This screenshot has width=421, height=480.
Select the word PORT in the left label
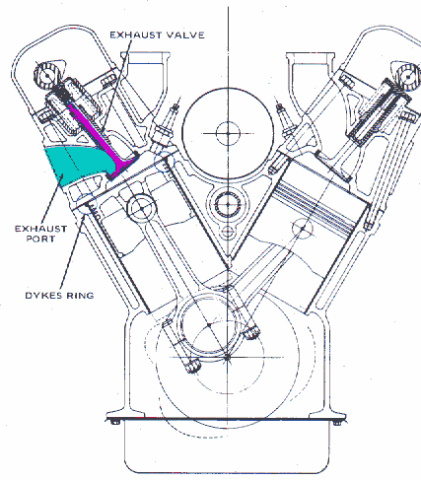pyautogui.click(x=40, y=239)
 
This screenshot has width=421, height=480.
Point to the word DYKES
pyautogui.click(x=43, y=295)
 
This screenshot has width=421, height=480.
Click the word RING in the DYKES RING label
pyautogui.click(x=80, y=295)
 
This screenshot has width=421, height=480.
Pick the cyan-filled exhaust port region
pyautogui.click(x=77, y=165)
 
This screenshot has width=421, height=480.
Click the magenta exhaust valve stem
pyautogui.click(x=99, y=138)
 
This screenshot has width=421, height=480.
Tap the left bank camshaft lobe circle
pyautogui.click(x=47, y=76)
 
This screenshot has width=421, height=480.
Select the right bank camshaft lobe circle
pyautogui.click(x=407, y=77)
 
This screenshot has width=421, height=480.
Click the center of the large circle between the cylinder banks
pyautogui.click(x=228, y=133)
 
